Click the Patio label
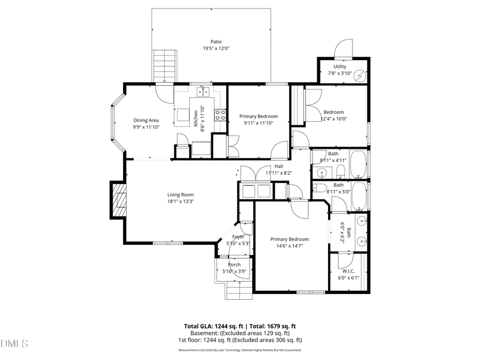pyautogui.click(x=215, y=42)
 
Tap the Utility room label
pyautogui.click(x=340, y=67)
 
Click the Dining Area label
pyautogui.click(x=146, y=120)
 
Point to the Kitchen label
pyautogui.click(x=196, y=116)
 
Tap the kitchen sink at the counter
pyautogui.click(x=203, y=92)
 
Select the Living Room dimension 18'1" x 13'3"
pyautogui.click(x=180, y=202)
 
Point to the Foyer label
pyautogui.click(x=238, y=237)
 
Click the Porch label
pyautogui.click(x=234, y=265)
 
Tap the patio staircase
pyautogui.click(x=164, y=66)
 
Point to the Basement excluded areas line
pyautogui.click(x=239, y=333)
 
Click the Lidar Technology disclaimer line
pyautogui.click(x=239, y=350)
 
